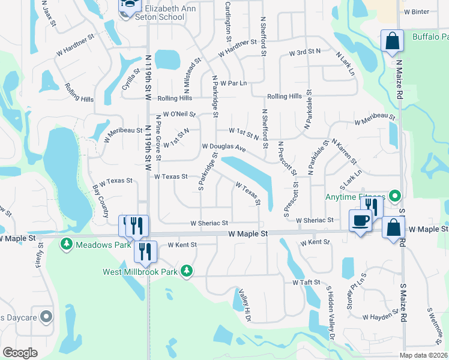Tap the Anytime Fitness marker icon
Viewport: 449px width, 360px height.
coord(394,196)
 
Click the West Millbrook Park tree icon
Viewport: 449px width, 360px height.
coord(187,272)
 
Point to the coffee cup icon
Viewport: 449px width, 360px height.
coord(361,220)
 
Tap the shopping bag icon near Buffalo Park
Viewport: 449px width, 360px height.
coord(391,41)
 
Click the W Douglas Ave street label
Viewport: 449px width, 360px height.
coord(224,147)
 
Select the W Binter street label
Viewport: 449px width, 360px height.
coord(417,11)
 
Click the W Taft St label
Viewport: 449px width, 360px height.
coord(307,281)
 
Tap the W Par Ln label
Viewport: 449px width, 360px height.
coord(234,83)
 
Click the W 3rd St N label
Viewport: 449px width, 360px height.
coord(305,53)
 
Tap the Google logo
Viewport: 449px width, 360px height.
coord(20,353)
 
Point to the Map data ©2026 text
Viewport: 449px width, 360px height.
coord(423,355)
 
